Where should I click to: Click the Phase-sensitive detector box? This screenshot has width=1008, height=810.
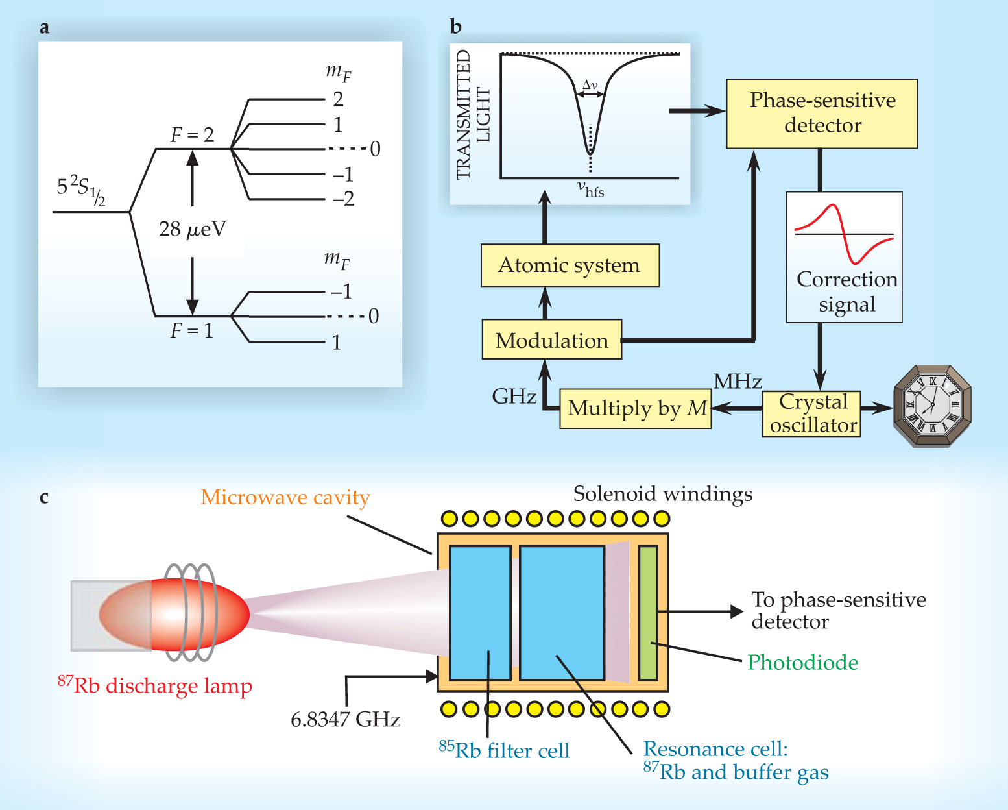tap(822, 114)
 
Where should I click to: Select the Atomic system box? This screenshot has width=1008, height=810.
tap(570, 265)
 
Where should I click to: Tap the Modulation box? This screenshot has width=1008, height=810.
tap(552, 340)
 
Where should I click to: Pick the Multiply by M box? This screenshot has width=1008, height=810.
tap(636, 409)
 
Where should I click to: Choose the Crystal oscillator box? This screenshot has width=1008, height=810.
tap(811, 413)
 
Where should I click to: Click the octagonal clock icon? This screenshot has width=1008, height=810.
tap(931, 406)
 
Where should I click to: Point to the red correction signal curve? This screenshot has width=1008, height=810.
tap(843, 234)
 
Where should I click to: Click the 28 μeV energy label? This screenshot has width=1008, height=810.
tap(193, 230)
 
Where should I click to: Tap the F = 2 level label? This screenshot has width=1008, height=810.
tap(192, 135)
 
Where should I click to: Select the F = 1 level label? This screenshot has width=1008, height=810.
tap(191, 331)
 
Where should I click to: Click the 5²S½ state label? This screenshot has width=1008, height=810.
tap(81, 189)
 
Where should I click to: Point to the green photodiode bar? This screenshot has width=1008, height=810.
tap(647, 613)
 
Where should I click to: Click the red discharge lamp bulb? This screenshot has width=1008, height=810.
tap(174, 614)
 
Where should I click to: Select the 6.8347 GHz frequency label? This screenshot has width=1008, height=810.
tap(345, 720)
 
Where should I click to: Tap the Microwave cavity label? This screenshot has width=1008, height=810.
tap(285, 497)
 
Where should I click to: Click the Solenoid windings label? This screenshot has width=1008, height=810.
tap(663, 495)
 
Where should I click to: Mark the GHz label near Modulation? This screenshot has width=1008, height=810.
tap(514, 397)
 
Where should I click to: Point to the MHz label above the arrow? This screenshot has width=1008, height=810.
tap(738, 382)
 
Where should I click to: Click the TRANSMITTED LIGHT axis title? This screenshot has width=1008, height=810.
tap(473, 115)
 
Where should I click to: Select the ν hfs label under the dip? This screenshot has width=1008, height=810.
tap(590, 190)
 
